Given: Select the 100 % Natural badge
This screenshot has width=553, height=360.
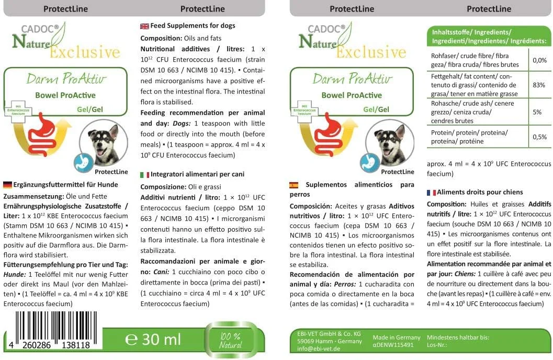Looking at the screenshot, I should point(230,340).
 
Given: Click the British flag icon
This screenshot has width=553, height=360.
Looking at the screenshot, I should point(144,26).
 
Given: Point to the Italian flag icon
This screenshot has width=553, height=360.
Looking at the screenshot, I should point(144,174).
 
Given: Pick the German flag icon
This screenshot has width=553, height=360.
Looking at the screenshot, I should point(7,185).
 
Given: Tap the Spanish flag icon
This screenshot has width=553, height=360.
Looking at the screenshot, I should point(294,185).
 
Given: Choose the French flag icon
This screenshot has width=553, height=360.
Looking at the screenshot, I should point(431,193).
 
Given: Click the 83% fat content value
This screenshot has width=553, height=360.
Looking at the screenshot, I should point(539,84).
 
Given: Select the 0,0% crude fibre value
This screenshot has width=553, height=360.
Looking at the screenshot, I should point(539,60).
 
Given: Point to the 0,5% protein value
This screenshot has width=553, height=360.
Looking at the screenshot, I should point(539,137).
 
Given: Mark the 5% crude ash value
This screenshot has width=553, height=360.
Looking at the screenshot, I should point(539,112).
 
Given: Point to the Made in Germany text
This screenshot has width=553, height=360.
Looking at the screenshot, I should point(396,337).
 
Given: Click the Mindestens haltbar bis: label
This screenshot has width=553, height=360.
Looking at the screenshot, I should point(458,337).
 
